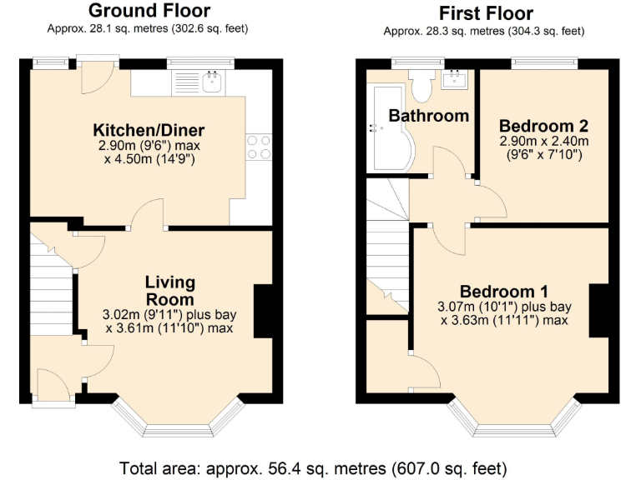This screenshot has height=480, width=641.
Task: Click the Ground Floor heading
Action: point(149,11)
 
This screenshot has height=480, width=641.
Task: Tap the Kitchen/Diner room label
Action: point(149,131)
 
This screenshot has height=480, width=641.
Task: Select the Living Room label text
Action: point(170,291)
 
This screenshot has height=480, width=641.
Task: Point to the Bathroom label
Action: point(429,116)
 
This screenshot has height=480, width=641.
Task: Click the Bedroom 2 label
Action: point(543,126)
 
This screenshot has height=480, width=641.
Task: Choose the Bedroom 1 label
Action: point(503,292)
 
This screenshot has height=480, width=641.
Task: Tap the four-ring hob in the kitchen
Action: point(259,147)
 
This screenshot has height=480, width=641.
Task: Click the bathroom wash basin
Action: point(456,79)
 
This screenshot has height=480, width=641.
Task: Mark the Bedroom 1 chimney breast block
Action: point(599,310)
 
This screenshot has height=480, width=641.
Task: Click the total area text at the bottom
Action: point(312,467)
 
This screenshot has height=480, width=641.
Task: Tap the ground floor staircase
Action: point(51,283)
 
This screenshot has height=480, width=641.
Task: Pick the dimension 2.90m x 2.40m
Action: point(543,142)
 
